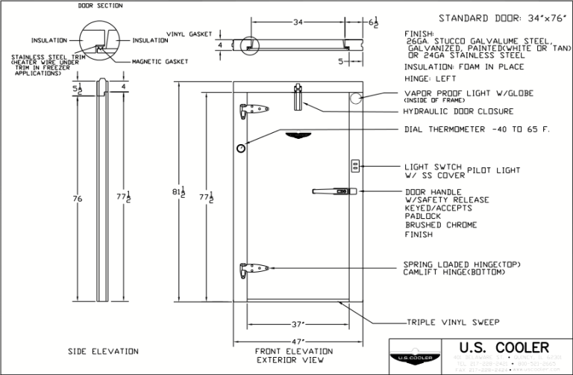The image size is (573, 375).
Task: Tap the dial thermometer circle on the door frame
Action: [242, 149]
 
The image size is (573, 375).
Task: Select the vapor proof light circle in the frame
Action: [356, 98]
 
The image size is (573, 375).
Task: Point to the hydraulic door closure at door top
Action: [298, 96]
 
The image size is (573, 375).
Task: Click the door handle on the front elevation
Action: [332, 192]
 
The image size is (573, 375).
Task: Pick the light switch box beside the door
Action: [356, 164]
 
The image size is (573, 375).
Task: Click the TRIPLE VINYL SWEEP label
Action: [453, 323]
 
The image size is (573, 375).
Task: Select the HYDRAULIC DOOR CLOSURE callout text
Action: [458, 111]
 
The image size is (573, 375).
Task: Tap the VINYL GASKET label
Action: [190, 34]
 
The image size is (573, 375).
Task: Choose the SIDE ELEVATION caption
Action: [103, 351]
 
